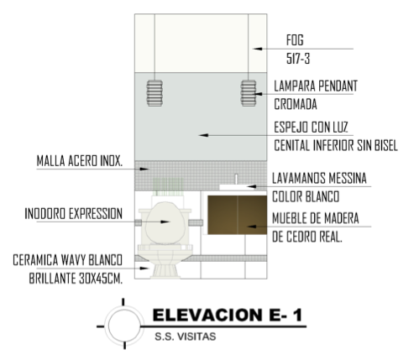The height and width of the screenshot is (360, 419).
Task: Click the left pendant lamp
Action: [155, 93]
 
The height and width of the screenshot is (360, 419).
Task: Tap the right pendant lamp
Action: [249, 93]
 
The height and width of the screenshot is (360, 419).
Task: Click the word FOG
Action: [295, 40]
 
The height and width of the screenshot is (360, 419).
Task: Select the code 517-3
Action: [298, 59]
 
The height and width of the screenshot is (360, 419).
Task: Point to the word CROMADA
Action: [296, 104]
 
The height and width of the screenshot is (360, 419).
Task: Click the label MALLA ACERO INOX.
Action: [80, 161]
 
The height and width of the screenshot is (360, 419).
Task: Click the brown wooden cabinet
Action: [237, 215]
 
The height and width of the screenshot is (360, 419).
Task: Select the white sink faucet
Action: [236, 179]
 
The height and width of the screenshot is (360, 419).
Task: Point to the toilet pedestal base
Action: [165, 271]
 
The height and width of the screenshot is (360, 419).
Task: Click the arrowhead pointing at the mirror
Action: [203, 135]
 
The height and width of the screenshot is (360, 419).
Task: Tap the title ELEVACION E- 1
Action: [228, 315]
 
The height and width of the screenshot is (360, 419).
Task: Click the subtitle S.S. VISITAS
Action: [186, 337]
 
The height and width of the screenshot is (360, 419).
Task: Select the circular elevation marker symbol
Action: [124, 326]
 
